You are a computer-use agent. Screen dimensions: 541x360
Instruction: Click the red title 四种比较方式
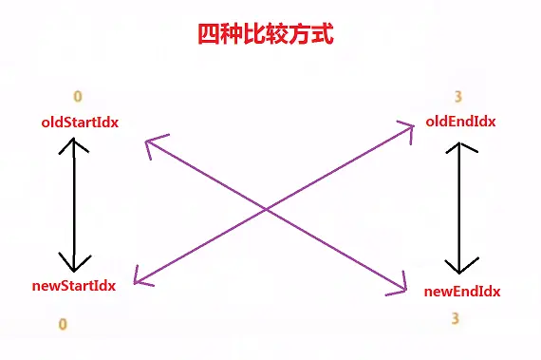pos(266,34)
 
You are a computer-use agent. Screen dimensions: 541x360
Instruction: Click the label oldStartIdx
pos(80,123)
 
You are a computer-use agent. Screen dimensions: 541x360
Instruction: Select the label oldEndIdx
pos(460,122)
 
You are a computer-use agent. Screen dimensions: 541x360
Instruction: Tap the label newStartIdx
pos(73,286)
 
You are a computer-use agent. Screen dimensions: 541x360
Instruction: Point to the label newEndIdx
pos(462,292)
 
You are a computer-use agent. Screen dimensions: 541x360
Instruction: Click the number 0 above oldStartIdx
pos(78,97)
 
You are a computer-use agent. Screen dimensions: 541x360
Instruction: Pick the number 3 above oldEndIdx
pos(457,97)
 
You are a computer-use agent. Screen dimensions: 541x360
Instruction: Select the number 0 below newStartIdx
pos(63,324)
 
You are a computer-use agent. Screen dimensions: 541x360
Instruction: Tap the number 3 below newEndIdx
pos(455,318)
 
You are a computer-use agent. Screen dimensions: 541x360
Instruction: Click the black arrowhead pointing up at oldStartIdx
pos(73,145)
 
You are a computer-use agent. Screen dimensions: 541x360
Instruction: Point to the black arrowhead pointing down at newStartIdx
pos(74,262)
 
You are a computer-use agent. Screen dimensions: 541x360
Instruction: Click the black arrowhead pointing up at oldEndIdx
pos(460,147)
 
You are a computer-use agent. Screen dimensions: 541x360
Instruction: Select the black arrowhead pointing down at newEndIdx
pos(460,266)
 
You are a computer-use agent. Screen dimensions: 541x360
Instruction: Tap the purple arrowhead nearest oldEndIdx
pos(407,130)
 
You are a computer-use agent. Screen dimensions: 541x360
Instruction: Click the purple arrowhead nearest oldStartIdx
pos(155,145)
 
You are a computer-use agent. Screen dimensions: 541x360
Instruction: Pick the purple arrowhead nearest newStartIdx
pos(141,277)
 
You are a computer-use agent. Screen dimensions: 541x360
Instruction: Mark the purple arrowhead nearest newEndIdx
pos(399,285)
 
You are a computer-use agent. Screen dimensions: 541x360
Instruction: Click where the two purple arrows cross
pos(266,208)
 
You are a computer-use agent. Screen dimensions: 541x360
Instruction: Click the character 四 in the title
pos(209,34)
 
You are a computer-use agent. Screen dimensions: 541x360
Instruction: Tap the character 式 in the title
pos(323,34)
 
